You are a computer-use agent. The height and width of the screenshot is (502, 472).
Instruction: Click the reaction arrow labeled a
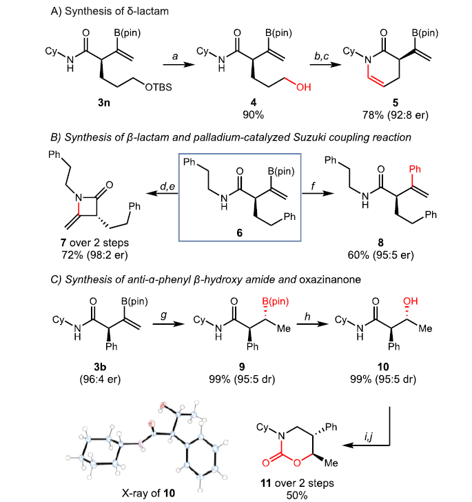coord(177,64)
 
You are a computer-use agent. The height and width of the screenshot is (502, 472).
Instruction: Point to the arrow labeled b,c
coord(322,64)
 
